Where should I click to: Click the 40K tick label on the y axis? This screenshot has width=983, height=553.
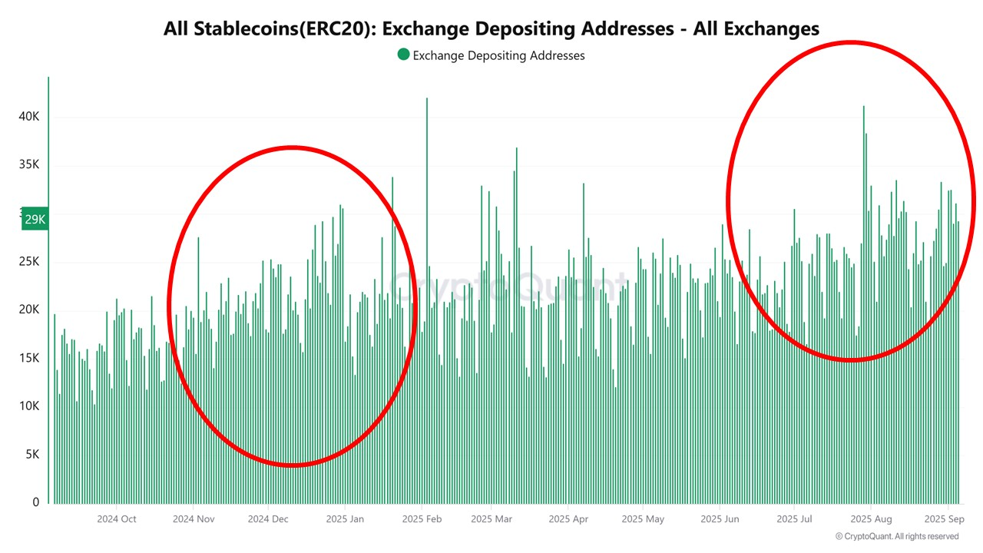click(x=29, y=117)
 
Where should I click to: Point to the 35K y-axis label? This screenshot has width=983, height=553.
click(x=29, y=165)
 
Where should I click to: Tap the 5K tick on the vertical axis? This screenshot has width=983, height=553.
click(x=31, y=455)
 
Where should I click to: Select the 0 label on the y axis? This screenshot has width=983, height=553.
click(x=35, y=503)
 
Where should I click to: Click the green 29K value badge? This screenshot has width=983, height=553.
click(x=35, y=220)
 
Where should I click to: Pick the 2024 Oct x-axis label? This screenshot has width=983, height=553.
click(x=117, y=519)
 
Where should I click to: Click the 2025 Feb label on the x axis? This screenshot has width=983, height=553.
click(x=422, y=519)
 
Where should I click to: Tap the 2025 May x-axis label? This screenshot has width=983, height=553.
click(x=644, y=519)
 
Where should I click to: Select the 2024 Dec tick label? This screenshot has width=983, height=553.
click(x=267, y=519)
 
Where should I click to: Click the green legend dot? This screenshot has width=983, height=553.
click(x=403, y=55)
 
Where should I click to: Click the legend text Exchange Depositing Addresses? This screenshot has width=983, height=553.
click(x=498, y=55)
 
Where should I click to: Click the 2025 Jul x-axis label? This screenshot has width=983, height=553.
click(x=794, y=519)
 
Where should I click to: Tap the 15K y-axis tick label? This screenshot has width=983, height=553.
click(x=29, y=358)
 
